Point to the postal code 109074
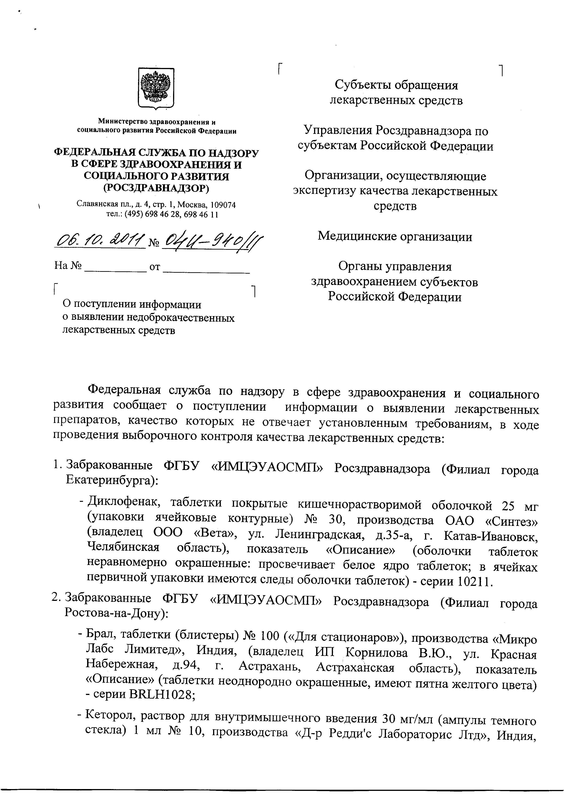223,205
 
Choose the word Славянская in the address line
94,205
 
